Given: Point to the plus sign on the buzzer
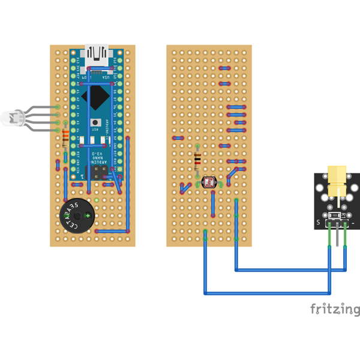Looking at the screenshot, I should click(88, 214).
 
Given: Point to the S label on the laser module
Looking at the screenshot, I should click(318, 223).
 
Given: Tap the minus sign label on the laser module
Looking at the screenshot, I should click(354, 223).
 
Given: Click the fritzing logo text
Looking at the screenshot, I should click(335, 309).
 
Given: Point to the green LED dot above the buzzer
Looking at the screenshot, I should click(96, 200).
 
